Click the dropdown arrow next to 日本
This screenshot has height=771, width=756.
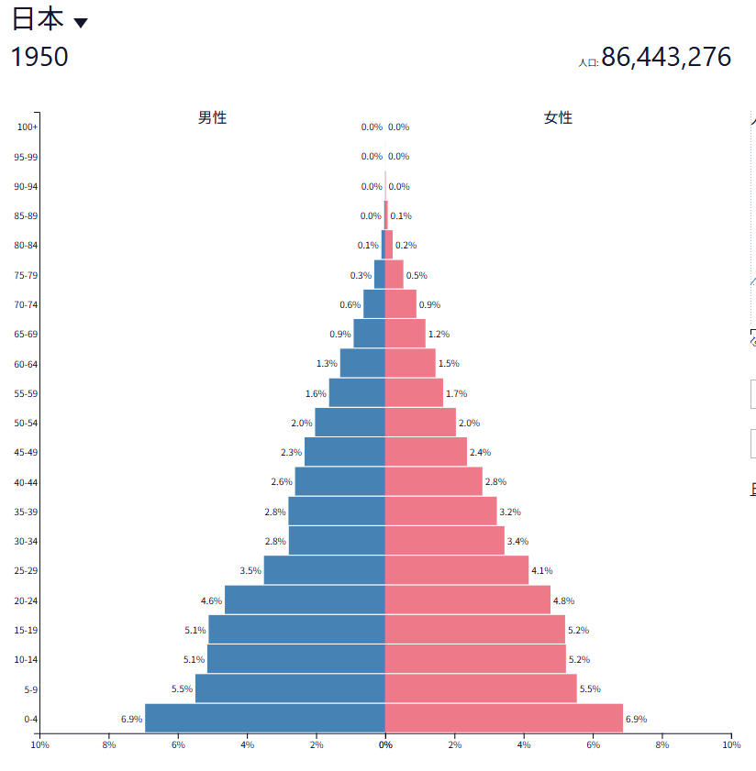pos(81,24)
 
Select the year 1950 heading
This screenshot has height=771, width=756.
pos(39,57)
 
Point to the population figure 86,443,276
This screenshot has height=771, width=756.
pos(666,57)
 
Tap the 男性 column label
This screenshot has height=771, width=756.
pos(212,117)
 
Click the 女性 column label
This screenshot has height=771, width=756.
pos(558,117)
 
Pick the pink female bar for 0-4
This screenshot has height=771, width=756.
pos(504,718)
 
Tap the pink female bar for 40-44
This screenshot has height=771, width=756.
pos(433,481)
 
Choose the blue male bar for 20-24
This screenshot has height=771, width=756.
pos(305,600)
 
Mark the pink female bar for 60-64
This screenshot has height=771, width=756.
pos(410,363)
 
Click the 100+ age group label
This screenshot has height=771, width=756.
pos(28,127)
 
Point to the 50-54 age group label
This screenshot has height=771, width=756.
pos(27,423)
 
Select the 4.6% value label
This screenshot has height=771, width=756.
pos(211,600)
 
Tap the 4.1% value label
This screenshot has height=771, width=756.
pos(541,570)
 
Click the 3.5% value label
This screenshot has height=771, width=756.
pos(250,570)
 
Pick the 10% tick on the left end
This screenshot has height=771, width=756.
pos(39,744)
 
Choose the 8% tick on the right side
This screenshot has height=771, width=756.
pos(662,744)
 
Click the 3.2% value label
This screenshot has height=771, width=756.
pos(509,512)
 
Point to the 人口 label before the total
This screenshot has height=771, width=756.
pos(588,63)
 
